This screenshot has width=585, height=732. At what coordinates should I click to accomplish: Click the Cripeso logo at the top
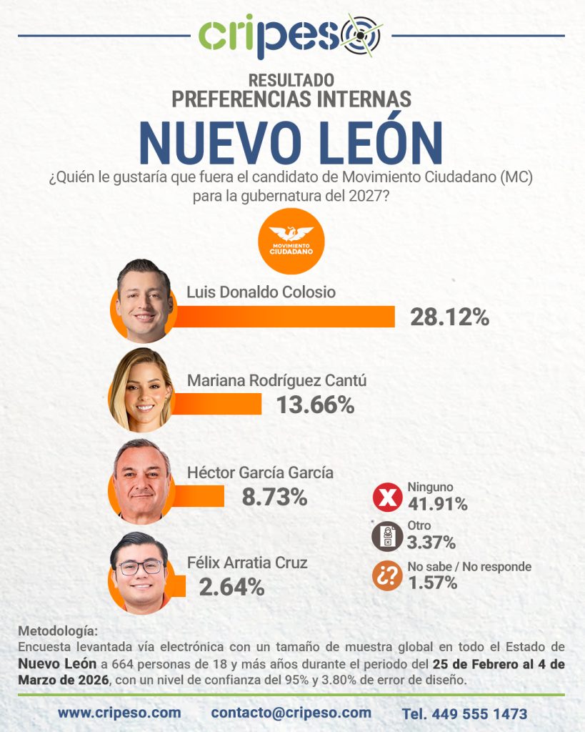291,35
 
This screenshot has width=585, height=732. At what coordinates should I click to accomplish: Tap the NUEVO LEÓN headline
291,142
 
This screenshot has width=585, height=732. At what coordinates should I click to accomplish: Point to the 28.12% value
449,317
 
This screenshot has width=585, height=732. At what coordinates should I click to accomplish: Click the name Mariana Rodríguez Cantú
276,380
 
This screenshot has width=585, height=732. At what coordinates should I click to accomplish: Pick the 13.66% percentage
315,405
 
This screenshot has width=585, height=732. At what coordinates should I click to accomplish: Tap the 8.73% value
274,497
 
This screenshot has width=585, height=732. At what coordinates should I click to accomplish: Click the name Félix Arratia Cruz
247,563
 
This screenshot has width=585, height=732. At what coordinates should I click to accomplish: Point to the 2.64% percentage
231,587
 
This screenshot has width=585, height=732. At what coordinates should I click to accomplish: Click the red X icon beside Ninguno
387,498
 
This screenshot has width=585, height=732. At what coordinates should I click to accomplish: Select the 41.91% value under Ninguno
437,504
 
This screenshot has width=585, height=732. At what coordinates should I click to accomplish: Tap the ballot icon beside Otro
387,537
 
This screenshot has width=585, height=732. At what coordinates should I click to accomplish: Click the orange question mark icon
387,576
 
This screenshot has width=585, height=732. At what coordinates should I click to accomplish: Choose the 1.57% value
432,583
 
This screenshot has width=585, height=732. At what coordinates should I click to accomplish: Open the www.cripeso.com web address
119,713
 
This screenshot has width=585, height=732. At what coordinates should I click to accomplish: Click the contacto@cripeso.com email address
291,713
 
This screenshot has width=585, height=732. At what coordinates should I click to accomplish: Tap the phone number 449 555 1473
464,713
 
